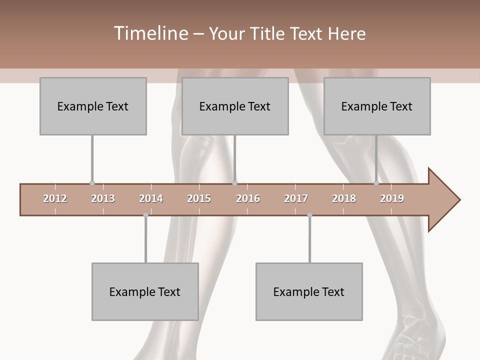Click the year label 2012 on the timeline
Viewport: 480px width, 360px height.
55,198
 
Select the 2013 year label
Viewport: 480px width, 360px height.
103,198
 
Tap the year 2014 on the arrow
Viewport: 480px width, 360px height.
151,198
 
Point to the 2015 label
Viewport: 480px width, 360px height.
199,198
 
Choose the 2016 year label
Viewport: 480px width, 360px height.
248,198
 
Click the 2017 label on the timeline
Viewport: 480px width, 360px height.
296,198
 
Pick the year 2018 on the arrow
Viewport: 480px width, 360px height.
344,198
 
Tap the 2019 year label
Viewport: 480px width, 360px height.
392,198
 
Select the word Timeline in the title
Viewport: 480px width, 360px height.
150,33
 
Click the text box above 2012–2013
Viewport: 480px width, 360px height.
93,106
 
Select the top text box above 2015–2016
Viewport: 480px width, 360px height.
235,106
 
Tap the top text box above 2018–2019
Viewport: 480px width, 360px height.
377,106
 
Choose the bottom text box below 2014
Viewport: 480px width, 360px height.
145,291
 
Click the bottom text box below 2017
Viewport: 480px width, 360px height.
309,291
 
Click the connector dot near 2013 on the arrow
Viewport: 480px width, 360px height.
92,183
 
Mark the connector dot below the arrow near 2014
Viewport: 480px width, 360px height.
145,215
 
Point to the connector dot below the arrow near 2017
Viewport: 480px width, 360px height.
309,215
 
